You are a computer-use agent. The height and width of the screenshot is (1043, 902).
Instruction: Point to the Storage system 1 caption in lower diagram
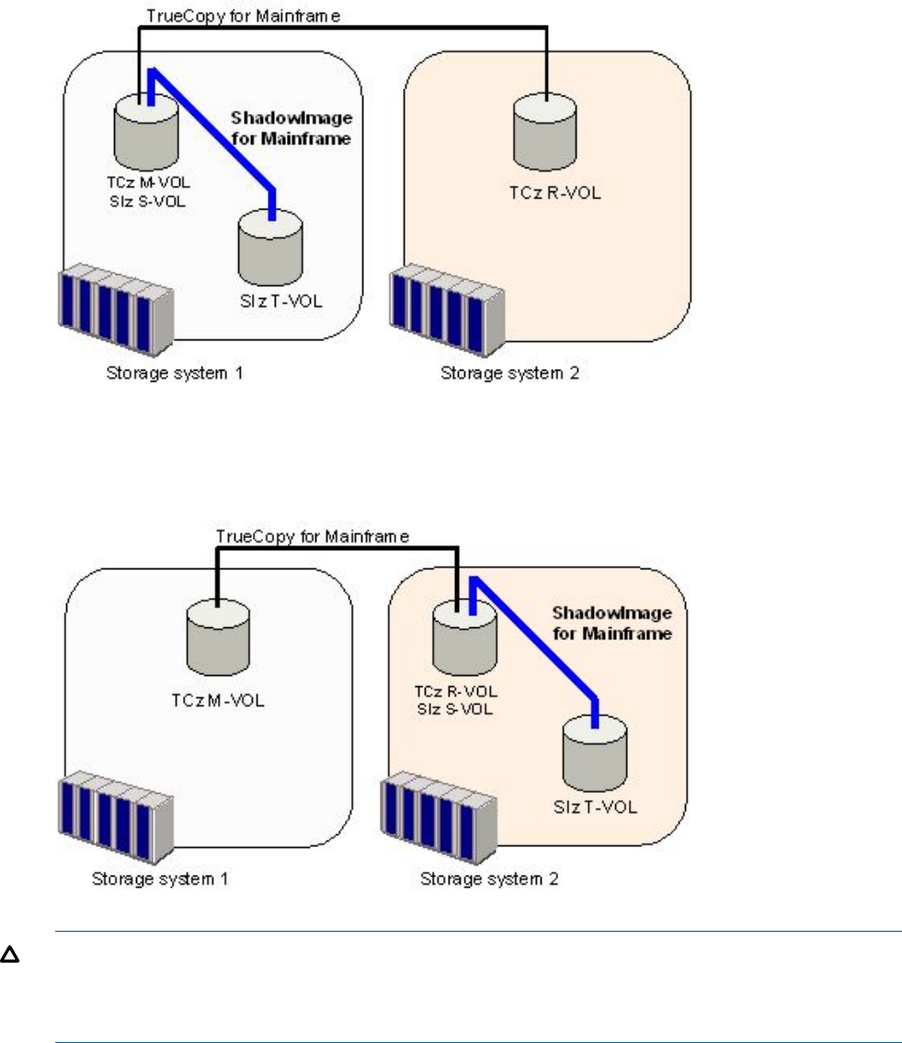click(159, 878)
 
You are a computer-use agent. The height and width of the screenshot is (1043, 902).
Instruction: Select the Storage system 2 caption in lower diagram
click(489, 878)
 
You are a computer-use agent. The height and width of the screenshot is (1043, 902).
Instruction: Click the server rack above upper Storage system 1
click(114, 309)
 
